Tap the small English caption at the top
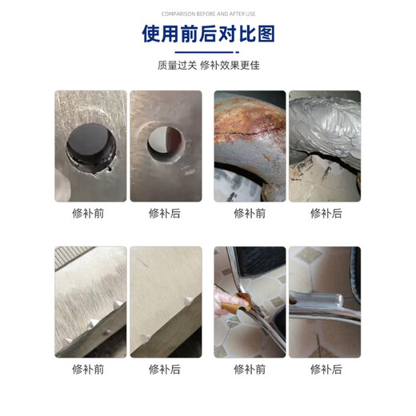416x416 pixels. coord(207,14)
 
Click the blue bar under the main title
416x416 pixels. coord(207,52)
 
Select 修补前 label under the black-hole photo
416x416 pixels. coord(90,214)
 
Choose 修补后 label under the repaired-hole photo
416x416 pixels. coord(165,214)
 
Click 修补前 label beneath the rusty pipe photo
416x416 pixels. coord(249,214)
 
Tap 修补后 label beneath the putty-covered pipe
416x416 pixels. coord(325,214)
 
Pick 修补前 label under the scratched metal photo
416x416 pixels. coord(90,369)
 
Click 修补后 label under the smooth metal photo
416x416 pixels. coord(165,369)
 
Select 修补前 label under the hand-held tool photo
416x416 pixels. coord(249,369)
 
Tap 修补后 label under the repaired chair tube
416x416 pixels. coord(325,369)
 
